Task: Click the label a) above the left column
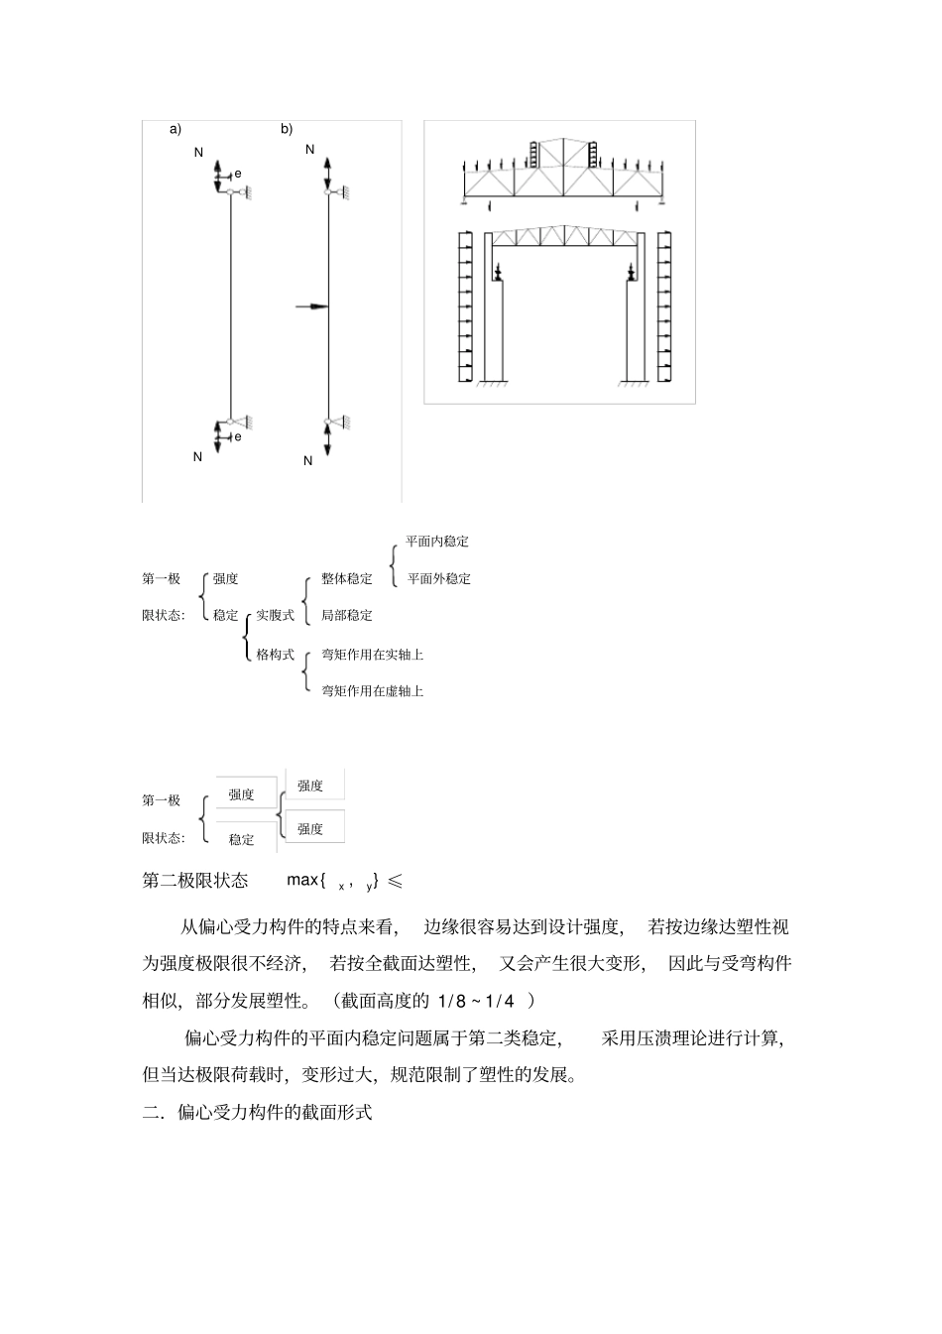[176, 129]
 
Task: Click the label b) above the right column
[287, 129]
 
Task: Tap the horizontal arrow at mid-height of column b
[312, 307]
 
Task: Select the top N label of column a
[198, 153]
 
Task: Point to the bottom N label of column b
[308, 461]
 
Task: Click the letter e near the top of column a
[238, 175]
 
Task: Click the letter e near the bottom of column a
[238, 436]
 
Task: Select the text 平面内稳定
[437, 542]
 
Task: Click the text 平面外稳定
[439, 579]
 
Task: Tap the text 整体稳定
[347, 579]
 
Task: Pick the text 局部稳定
[347, 616]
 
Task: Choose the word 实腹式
[276, 616]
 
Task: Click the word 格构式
[276, 655]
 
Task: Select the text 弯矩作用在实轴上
[373, 655]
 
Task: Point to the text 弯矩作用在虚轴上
[373, 691]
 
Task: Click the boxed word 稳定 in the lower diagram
[242, 839]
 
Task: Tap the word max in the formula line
[302, 880]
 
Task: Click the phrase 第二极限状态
[195, 881]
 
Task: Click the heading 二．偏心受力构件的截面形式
[258, 1113]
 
